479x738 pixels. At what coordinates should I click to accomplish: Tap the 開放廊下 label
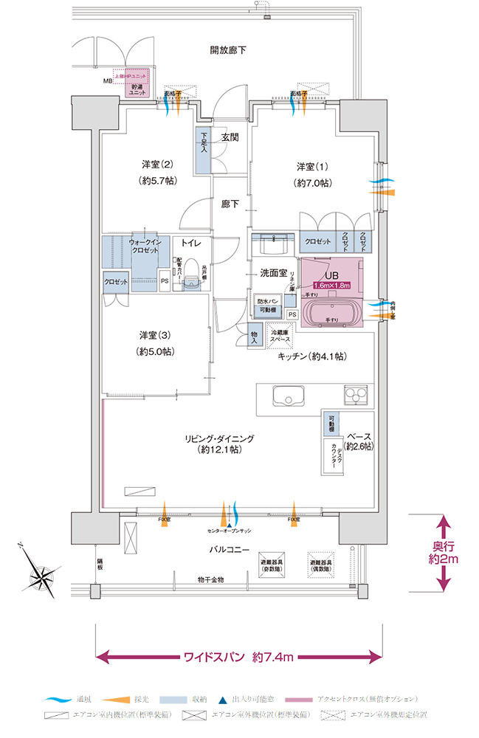tap(228, 51)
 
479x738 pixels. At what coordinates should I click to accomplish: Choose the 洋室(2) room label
tap(156, 171)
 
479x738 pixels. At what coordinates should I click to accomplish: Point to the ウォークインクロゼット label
tap(145, 246)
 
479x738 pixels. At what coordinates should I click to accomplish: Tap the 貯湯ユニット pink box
tap(137, 87)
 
